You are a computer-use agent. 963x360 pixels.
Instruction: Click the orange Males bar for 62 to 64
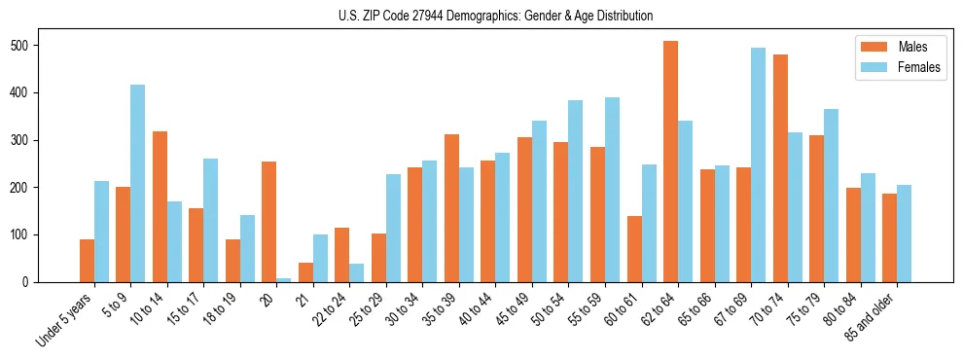[x=671, y=162]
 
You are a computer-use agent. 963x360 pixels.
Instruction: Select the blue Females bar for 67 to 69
[x=759, y=165]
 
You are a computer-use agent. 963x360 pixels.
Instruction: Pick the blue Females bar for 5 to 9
[x=138, y=184]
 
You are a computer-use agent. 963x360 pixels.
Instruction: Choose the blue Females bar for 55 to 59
[x=613, y=190]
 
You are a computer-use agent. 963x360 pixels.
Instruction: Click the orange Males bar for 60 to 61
[x=634, y=249]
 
